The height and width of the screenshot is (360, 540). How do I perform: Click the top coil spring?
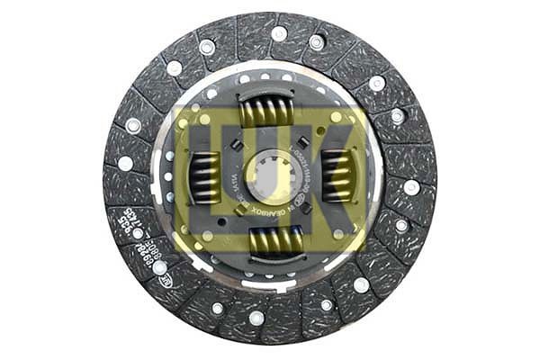266,112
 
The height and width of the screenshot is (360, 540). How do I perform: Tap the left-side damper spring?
206,177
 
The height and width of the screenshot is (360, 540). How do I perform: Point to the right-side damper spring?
335,175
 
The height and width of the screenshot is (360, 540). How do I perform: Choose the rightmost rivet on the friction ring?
411,187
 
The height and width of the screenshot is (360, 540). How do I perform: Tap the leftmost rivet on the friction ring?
125,163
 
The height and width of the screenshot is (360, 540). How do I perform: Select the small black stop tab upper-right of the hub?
303,141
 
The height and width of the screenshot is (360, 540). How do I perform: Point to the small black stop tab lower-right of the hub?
306,208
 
